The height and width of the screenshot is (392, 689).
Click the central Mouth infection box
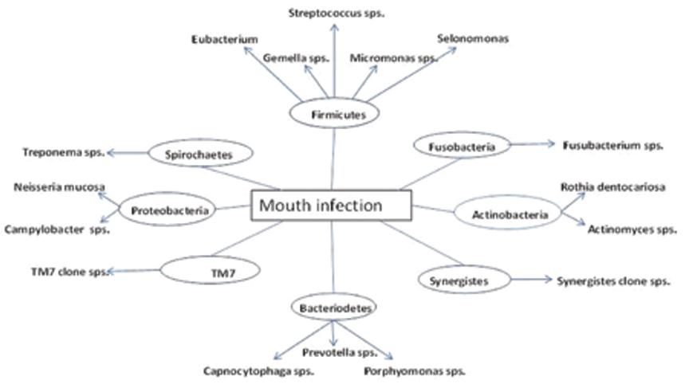pyautogui.click(x=330, y=206)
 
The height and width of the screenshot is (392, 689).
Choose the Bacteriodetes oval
pyautogui.click(x=333, y=306)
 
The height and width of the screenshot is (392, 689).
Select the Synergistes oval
pyautogui.click(x=464, y=280)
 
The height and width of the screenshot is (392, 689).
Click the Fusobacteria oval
pyautogui.click(x=462, y=146)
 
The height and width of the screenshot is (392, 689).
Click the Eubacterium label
pyautogui.click(x=224, y=38)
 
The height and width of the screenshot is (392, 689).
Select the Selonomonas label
pyautogui.click(x=473, y=38)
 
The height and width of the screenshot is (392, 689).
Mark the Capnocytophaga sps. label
pyautogui.click(x=258, y=370)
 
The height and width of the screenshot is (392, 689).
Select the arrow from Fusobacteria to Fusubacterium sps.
pyautogui.click(x=532, y=145)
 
